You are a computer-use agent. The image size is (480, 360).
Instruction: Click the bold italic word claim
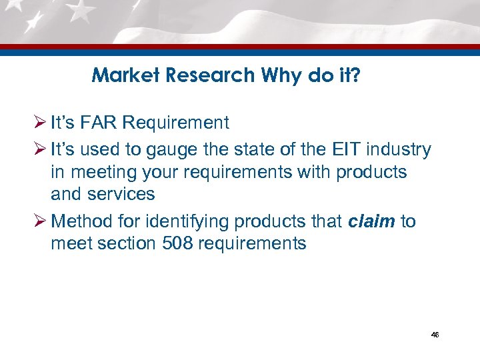point(371,221)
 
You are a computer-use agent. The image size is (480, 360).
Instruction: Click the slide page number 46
point(435,335)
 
